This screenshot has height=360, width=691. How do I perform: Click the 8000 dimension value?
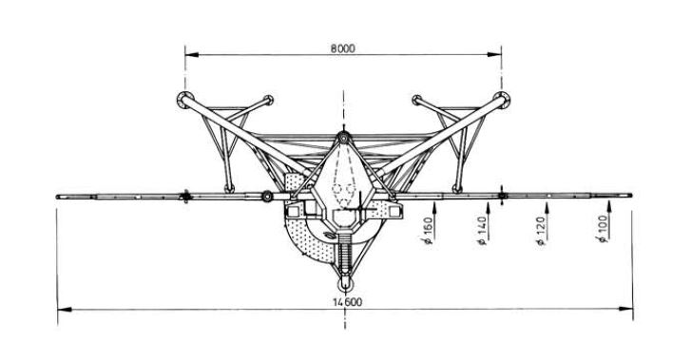pyautogui.click(x=342, y=48)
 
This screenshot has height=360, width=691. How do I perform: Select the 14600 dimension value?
pyautogui.click(x=348, y=302)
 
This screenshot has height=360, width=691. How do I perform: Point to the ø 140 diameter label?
pyautogui.click(x=483, y=230)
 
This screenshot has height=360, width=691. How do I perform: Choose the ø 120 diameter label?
pyautogui.click(x=541, y=230)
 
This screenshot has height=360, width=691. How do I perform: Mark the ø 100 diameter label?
pyautogui.click(x=603, y=229)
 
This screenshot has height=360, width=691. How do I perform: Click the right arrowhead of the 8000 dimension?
pyautogui.click(x=494, y=55)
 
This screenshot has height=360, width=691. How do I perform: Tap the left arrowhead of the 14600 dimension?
pyautogui.click(x=65, y=310)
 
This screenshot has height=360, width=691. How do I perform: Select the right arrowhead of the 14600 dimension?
pyautogui.click(x=625, y=309)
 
